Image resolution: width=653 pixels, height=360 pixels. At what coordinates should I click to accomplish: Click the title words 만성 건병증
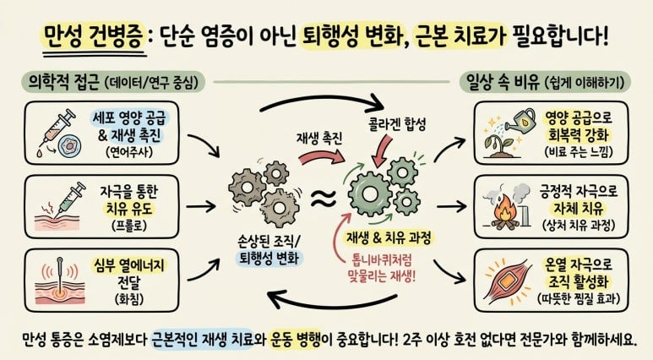pos(94,37)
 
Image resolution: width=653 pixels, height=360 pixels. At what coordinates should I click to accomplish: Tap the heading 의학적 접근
pos(63,82)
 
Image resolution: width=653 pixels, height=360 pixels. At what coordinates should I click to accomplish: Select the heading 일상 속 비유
pos(502,82)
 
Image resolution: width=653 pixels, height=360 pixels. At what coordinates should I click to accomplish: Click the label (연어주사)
pos(129,152)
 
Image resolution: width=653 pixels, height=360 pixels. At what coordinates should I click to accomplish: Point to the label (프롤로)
pos(129,226)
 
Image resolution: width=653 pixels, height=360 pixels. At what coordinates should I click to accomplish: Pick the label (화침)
pos(129,299)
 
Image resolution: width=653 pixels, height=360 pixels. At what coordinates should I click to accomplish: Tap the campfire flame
pos(504,210)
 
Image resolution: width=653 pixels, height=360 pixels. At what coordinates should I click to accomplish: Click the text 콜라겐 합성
pos(397,124)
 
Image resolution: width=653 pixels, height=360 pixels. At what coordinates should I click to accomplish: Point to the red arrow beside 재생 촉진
pos(321,157)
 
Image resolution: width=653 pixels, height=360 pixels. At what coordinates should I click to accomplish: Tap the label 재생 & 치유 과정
pos(389,238)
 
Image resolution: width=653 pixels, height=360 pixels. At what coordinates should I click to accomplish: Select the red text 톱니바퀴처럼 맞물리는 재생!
pos(382,269)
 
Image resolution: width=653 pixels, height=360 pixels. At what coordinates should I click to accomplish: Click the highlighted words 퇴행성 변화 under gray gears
pos(269,259)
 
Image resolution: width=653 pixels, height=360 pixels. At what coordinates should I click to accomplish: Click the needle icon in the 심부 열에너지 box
pos(60,276)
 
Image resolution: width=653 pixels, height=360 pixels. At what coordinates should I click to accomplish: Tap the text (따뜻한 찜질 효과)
pos(579,298)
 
